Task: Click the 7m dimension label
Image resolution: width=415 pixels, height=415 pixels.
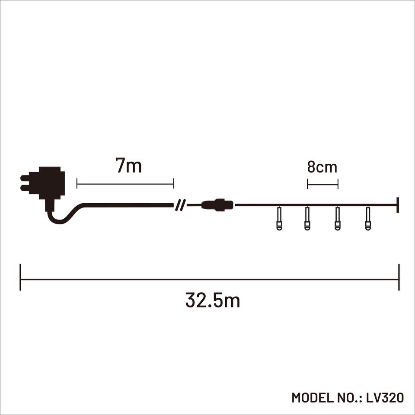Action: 129,166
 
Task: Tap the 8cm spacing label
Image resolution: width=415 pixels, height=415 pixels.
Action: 322,167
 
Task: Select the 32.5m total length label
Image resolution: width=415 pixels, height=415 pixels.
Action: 213,300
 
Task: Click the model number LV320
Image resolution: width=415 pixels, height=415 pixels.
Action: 385,398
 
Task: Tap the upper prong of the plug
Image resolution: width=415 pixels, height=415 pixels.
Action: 25,178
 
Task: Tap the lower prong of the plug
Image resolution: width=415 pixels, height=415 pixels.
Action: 25,188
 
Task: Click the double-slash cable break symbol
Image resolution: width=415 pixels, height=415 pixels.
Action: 180,205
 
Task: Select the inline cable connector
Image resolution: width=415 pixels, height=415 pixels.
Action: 217,205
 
